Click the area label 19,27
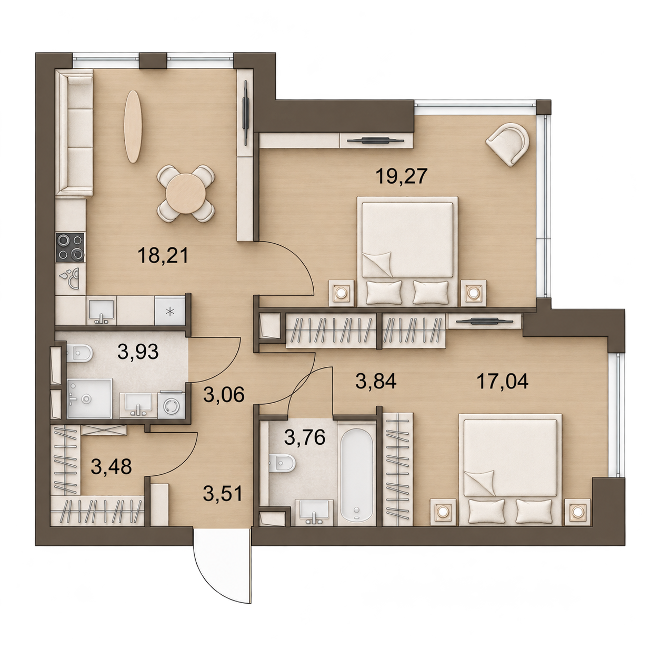pos(402,176)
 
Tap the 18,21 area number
pos(163,255)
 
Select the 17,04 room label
pos(503,381)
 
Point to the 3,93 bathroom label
pos(138,352)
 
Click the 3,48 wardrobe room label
pos(111,466)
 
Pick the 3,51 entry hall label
pos(223,494)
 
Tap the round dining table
pos(185,194)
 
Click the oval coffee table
pos(133,126)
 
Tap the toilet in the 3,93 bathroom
pos(79,353)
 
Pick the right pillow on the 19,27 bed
pos(431,292)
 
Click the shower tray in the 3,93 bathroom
pos(89,398)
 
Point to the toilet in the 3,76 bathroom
pos(282,464)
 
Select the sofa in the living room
pos(75,132)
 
